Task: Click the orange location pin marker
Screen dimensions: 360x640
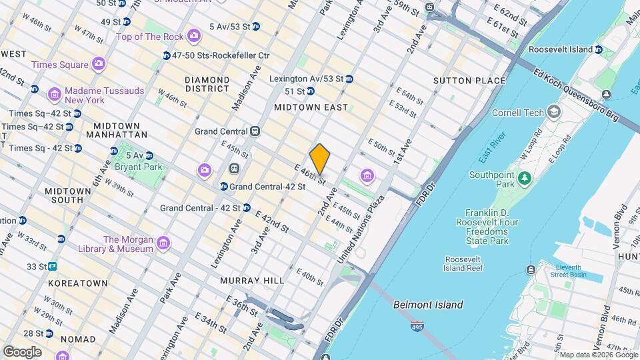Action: point(320,159)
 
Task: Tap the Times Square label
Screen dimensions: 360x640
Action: point(59,65)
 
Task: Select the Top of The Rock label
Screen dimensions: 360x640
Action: point(151,37)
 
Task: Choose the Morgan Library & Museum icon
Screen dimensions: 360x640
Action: point(163,245)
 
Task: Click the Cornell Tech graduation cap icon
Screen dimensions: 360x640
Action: point(553,112)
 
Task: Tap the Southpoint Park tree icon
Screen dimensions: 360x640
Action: point(525,178)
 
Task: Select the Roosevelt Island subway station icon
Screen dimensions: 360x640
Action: point(599,49)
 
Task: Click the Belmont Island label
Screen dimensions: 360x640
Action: point(428,305)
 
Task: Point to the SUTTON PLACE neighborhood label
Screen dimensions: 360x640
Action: point(469,81)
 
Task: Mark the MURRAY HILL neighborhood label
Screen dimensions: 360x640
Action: point(252,281)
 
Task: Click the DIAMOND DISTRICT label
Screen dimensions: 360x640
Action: point(207,84)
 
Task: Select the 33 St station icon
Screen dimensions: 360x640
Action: point(52,266)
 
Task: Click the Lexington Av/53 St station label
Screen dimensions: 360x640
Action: point(306,79)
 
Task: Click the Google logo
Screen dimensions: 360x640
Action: point(22,351)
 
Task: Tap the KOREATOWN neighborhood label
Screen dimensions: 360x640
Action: point(77,283)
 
